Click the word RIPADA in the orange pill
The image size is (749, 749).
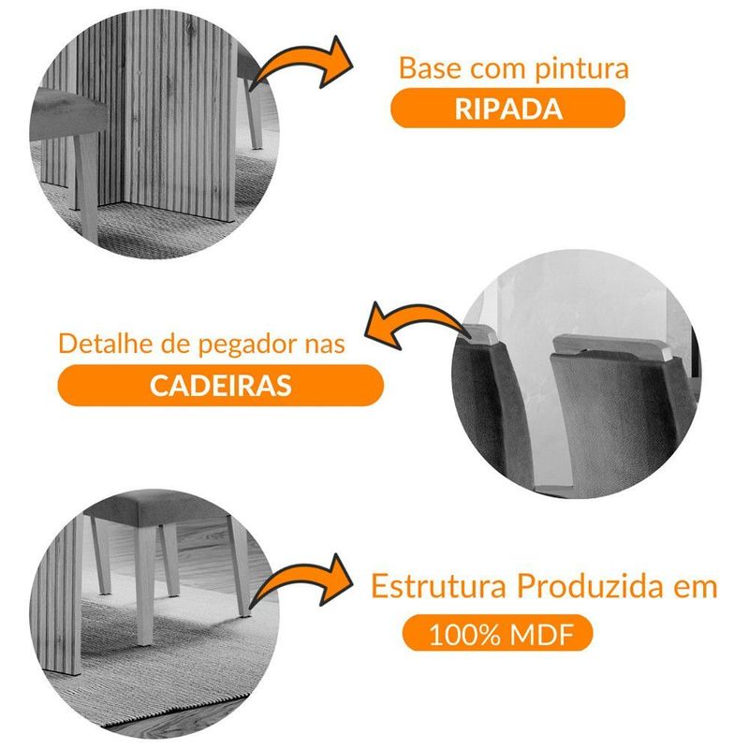(x=508, y=109)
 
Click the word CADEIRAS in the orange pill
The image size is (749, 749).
(x=221, y=385)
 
